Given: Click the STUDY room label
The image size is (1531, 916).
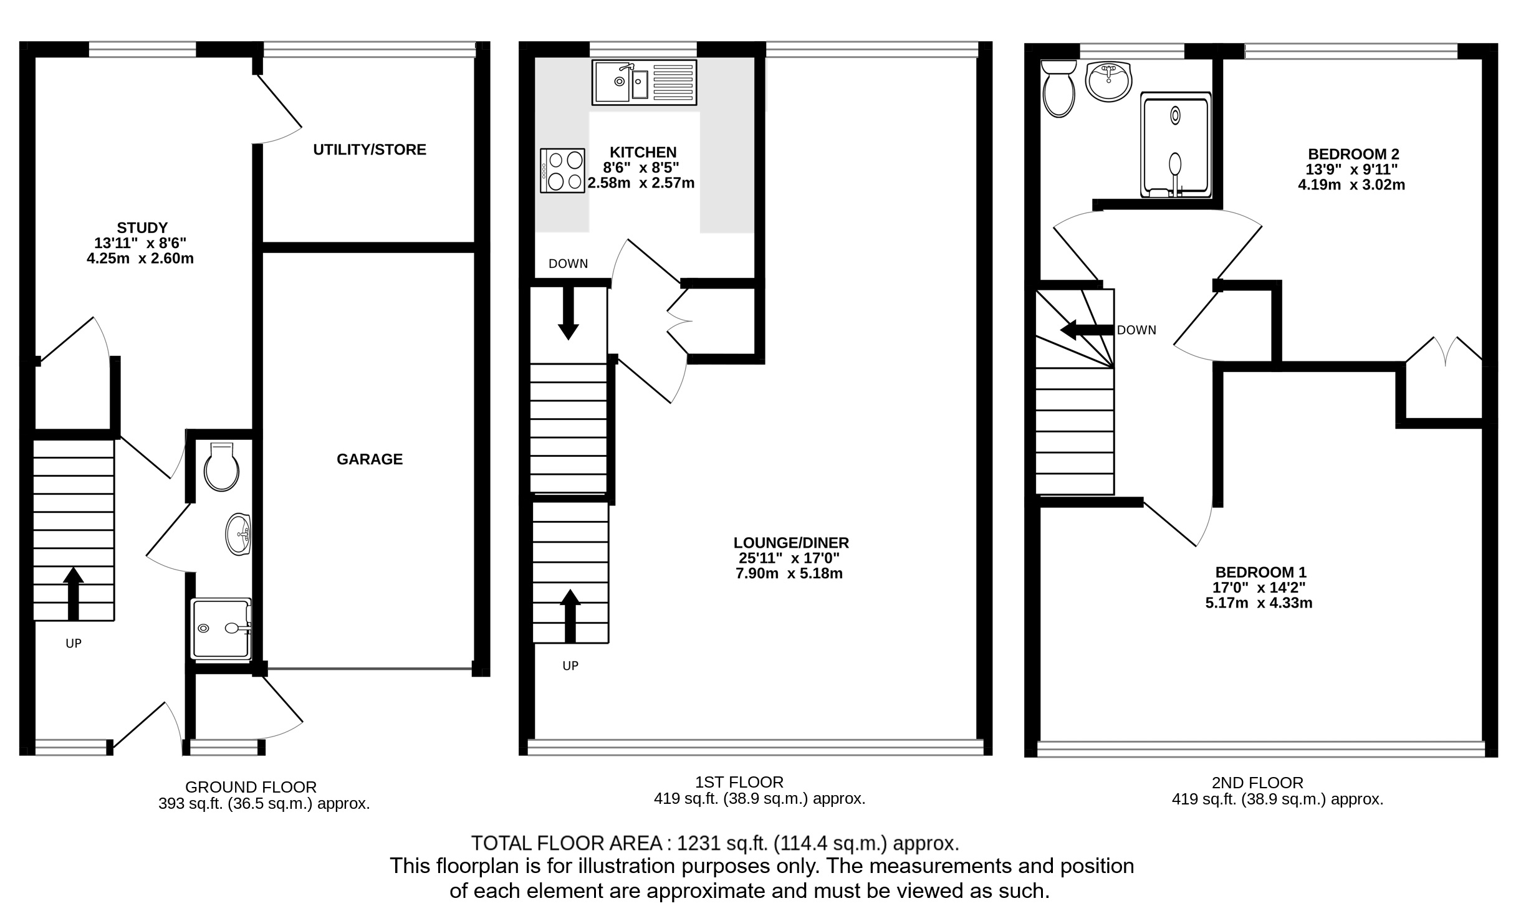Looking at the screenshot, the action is (142, 227).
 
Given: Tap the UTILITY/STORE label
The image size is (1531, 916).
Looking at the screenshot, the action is (370, 150).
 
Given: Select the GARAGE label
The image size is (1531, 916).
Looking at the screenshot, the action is (370, 459).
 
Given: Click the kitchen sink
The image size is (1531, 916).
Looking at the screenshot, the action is (644, 82).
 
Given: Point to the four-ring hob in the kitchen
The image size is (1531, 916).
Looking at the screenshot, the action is (563, 170).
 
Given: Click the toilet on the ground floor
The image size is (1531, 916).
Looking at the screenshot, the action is (221, 466).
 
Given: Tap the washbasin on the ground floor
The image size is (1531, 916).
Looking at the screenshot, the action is (239, 534).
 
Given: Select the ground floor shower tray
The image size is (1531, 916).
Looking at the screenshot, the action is (222, 628).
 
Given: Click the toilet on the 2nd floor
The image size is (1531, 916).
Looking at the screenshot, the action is (1058, 88).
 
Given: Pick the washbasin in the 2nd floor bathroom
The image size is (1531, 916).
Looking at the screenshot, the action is (1108, 81).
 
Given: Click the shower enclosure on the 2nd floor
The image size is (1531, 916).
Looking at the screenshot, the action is (1176, 145).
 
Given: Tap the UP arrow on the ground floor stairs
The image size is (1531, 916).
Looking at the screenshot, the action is (74, 593).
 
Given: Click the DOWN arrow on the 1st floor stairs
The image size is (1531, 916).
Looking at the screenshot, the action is (568, 313).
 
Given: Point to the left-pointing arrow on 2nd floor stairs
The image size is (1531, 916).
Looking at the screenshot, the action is (1087, 330).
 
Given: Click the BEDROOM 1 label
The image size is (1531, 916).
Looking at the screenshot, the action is (1260, 572).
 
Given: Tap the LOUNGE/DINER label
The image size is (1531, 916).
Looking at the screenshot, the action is (791, 543).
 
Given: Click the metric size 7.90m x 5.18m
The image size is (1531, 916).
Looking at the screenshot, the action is (789, 573).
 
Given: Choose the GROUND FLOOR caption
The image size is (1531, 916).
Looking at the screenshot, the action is (251, 787).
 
